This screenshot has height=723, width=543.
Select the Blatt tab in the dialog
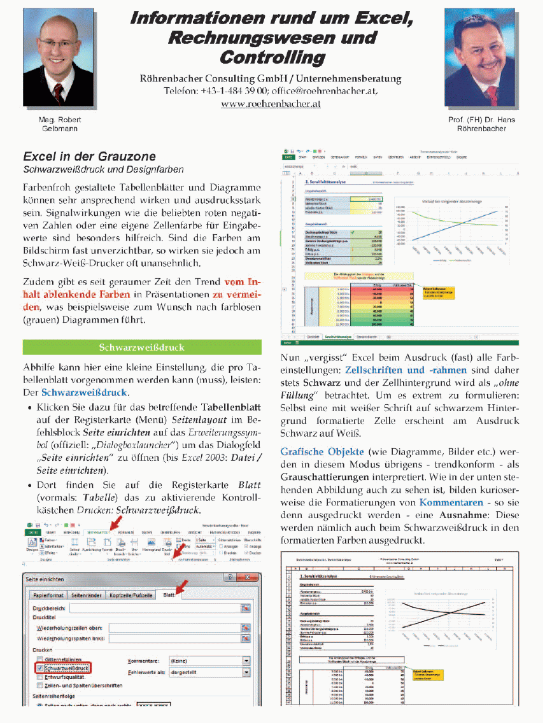(x=169, y=594)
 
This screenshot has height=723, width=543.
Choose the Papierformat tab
(x=48, y=595)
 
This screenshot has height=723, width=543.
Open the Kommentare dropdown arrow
(x=246, y=661)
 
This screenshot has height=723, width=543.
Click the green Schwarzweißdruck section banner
(x=142, y=347)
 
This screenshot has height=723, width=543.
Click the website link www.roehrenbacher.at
(x=271, y=104)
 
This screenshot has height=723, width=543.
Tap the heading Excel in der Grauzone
(x=89, y=157)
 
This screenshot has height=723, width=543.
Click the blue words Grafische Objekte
(x=313, y=452)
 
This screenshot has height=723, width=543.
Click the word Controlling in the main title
(x=272, y=58)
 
